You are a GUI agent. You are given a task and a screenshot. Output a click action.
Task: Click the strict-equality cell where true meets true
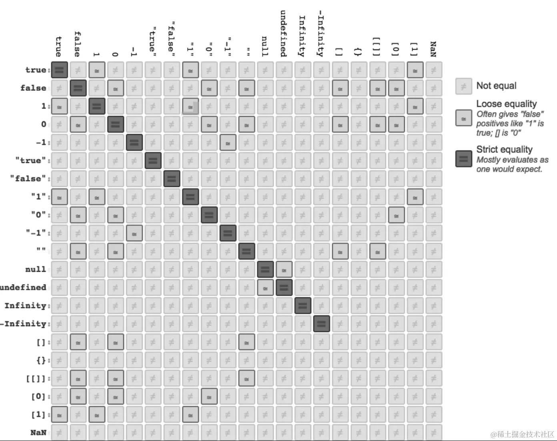pos(59,70)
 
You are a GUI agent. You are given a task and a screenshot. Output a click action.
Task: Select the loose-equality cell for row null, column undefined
pos(284,270)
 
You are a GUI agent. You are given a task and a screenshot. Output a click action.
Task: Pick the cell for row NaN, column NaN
pos(434,433)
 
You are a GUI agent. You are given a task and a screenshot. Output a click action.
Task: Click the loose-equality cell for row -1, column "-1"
pos(228,142)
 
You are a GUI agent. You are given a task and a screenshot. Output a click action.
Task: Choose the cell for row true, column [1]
pos(415,70)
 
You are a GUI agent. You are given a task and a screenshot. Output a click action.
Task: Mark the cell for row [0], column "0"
pos(209,397)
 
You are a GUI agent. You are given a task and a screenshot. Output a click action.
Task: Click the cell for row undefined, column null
pos(265,288)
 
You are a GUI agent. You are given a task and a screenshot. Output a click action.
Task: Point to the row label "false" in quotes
pos(28,178)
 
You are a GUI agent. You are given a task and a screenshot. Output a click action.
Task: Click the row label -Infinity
pos(24,324)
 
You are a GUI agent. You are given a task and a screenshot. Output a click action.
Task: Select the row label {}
pos(42,360)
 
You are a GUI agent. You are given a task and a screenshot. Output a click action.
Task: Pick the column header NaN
pos(433,49)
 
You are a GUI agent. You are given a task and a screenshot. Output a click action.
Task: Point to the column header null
pos(265,46)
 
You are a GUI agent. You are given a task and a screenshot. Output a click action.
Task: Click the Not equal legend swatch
pos(463,86)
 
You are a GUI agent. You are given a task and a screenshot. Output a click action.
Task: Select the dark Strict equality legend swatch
pos(463,159)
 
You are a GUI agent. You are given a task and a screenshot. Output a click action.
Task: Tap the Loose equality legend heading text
pos(506,104)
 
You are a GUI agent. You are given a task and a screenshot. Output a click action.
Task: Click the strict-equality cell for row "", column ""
pos(246,251)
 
